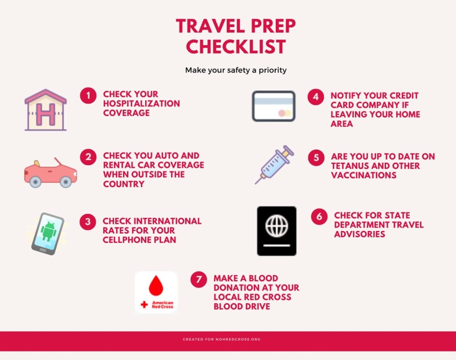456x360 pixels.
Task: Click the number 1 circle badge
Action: [88, 96]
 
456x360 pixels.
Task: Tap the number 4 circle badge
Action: [316, 97]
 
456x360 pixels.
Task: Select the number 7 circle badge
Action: [199, 279]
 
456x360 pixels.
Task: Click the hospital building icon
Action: [46, 110]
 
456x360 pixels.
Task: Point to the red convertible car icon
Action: [51, 172]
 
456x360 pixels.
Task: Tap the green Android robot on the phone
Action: [48, 232]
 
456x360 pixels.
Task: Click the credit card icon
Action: [274, 106]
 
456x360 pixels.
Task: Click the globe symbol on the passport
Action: [276, 226]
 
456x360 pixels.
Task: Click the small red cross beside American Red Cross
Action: [144, 305]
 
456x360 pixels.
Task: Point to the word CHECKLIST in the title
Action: [236, 47]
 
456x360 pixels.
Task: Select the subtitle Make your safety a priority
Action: [236, 70]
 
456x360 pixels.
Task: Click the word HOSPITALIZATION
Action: [141, 104]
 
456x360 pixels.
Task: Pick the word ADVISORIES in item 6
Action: [359, 234]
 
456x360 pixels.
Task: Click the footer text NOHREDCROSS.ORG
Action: [238, 340]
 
